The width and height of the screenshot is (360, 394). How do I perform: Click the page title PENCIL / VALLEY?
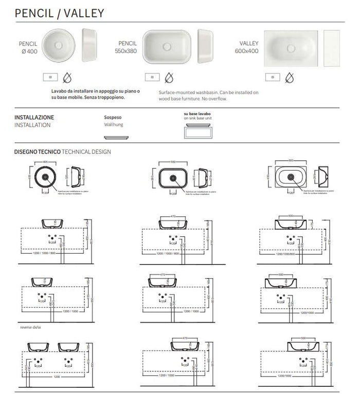(60, 13)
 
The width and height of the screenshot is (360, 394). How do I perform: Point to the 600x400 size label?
(247, 52)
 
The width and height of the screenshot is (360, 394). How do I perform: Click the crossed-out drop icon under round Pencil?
(66, 78)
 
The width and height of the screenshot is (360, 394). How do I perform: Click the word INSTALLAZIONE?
(34, 117)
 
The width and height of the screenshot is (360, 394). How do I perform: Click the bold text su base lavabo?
(197, 113)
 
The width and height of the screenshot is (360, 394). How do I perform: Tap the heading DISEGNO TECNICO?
(37, 152)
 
